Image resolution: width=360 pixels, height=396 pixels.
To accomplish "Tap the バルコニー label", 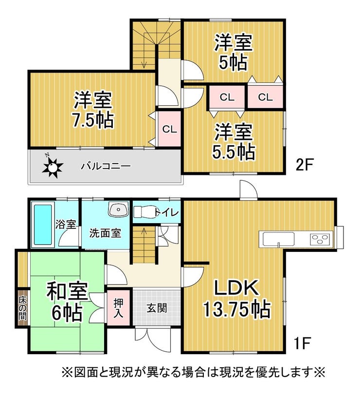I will pos(106,166).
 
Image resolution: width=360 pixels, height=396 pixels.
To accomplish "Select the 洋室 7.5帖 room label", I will pos(94,110).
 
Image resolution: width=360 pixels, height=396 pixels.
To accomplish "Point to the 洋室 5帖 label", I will pos(234,53).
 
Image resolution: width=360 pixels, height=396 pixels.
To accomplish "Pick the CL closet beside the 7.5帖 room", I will pos(169,129).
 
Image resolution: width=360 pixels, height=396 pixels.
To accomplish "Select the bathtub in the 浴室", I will pos(42,225).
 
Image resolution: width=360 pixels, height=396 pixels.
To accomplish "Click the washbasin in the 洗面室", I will pos(118,210).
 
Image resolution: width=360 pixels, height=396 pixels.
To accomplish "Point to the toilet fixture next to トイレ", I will pos(143,212).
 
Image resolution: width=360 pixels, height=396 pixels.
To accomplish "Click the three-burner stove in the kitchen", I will pos(320,239).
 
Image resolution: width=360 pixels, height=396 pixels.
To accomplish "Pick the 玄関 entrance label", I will pos(157,308).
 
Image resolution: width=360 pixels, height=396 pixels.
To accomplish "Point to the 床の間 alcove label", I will pos(22,308).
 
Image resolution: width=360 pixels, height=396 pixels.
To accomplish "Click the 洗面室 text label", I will pos(105,233).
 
